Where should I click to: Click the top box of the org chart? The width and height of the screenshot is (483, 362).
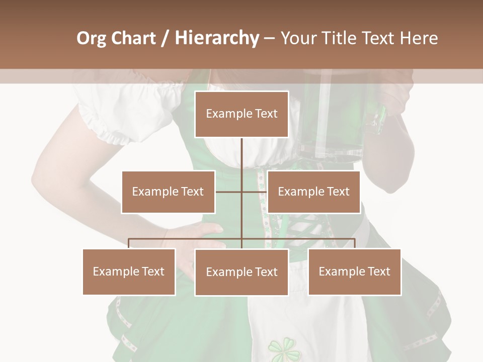click(x=242, y=114)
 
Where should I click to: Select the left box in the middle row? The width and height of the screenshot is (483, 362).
click(x=168, y=192)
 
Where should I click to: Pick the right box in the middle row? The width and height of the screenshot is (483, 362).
click(x=313, y=192)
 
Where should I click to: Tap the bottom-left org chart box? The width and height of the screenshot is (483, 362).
click(x=129, y=271)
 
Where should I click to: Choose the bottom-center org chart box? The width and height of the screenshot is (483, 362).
click(x=242, y=272)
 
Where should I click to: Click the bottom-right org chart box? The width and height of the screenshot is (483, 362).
click(x=354, y=271)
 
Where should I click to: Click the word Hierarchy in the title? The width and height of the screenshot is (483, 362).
click(x=216, y=38)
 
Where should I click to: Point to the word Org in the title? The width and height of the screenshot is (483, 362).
click(x=92, y=38)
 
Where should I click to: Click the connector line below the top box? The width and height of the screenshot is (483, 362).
click(x=242, y=156)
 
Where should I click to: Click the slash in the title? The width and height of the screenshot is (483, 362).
click(x=165, y=38)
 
